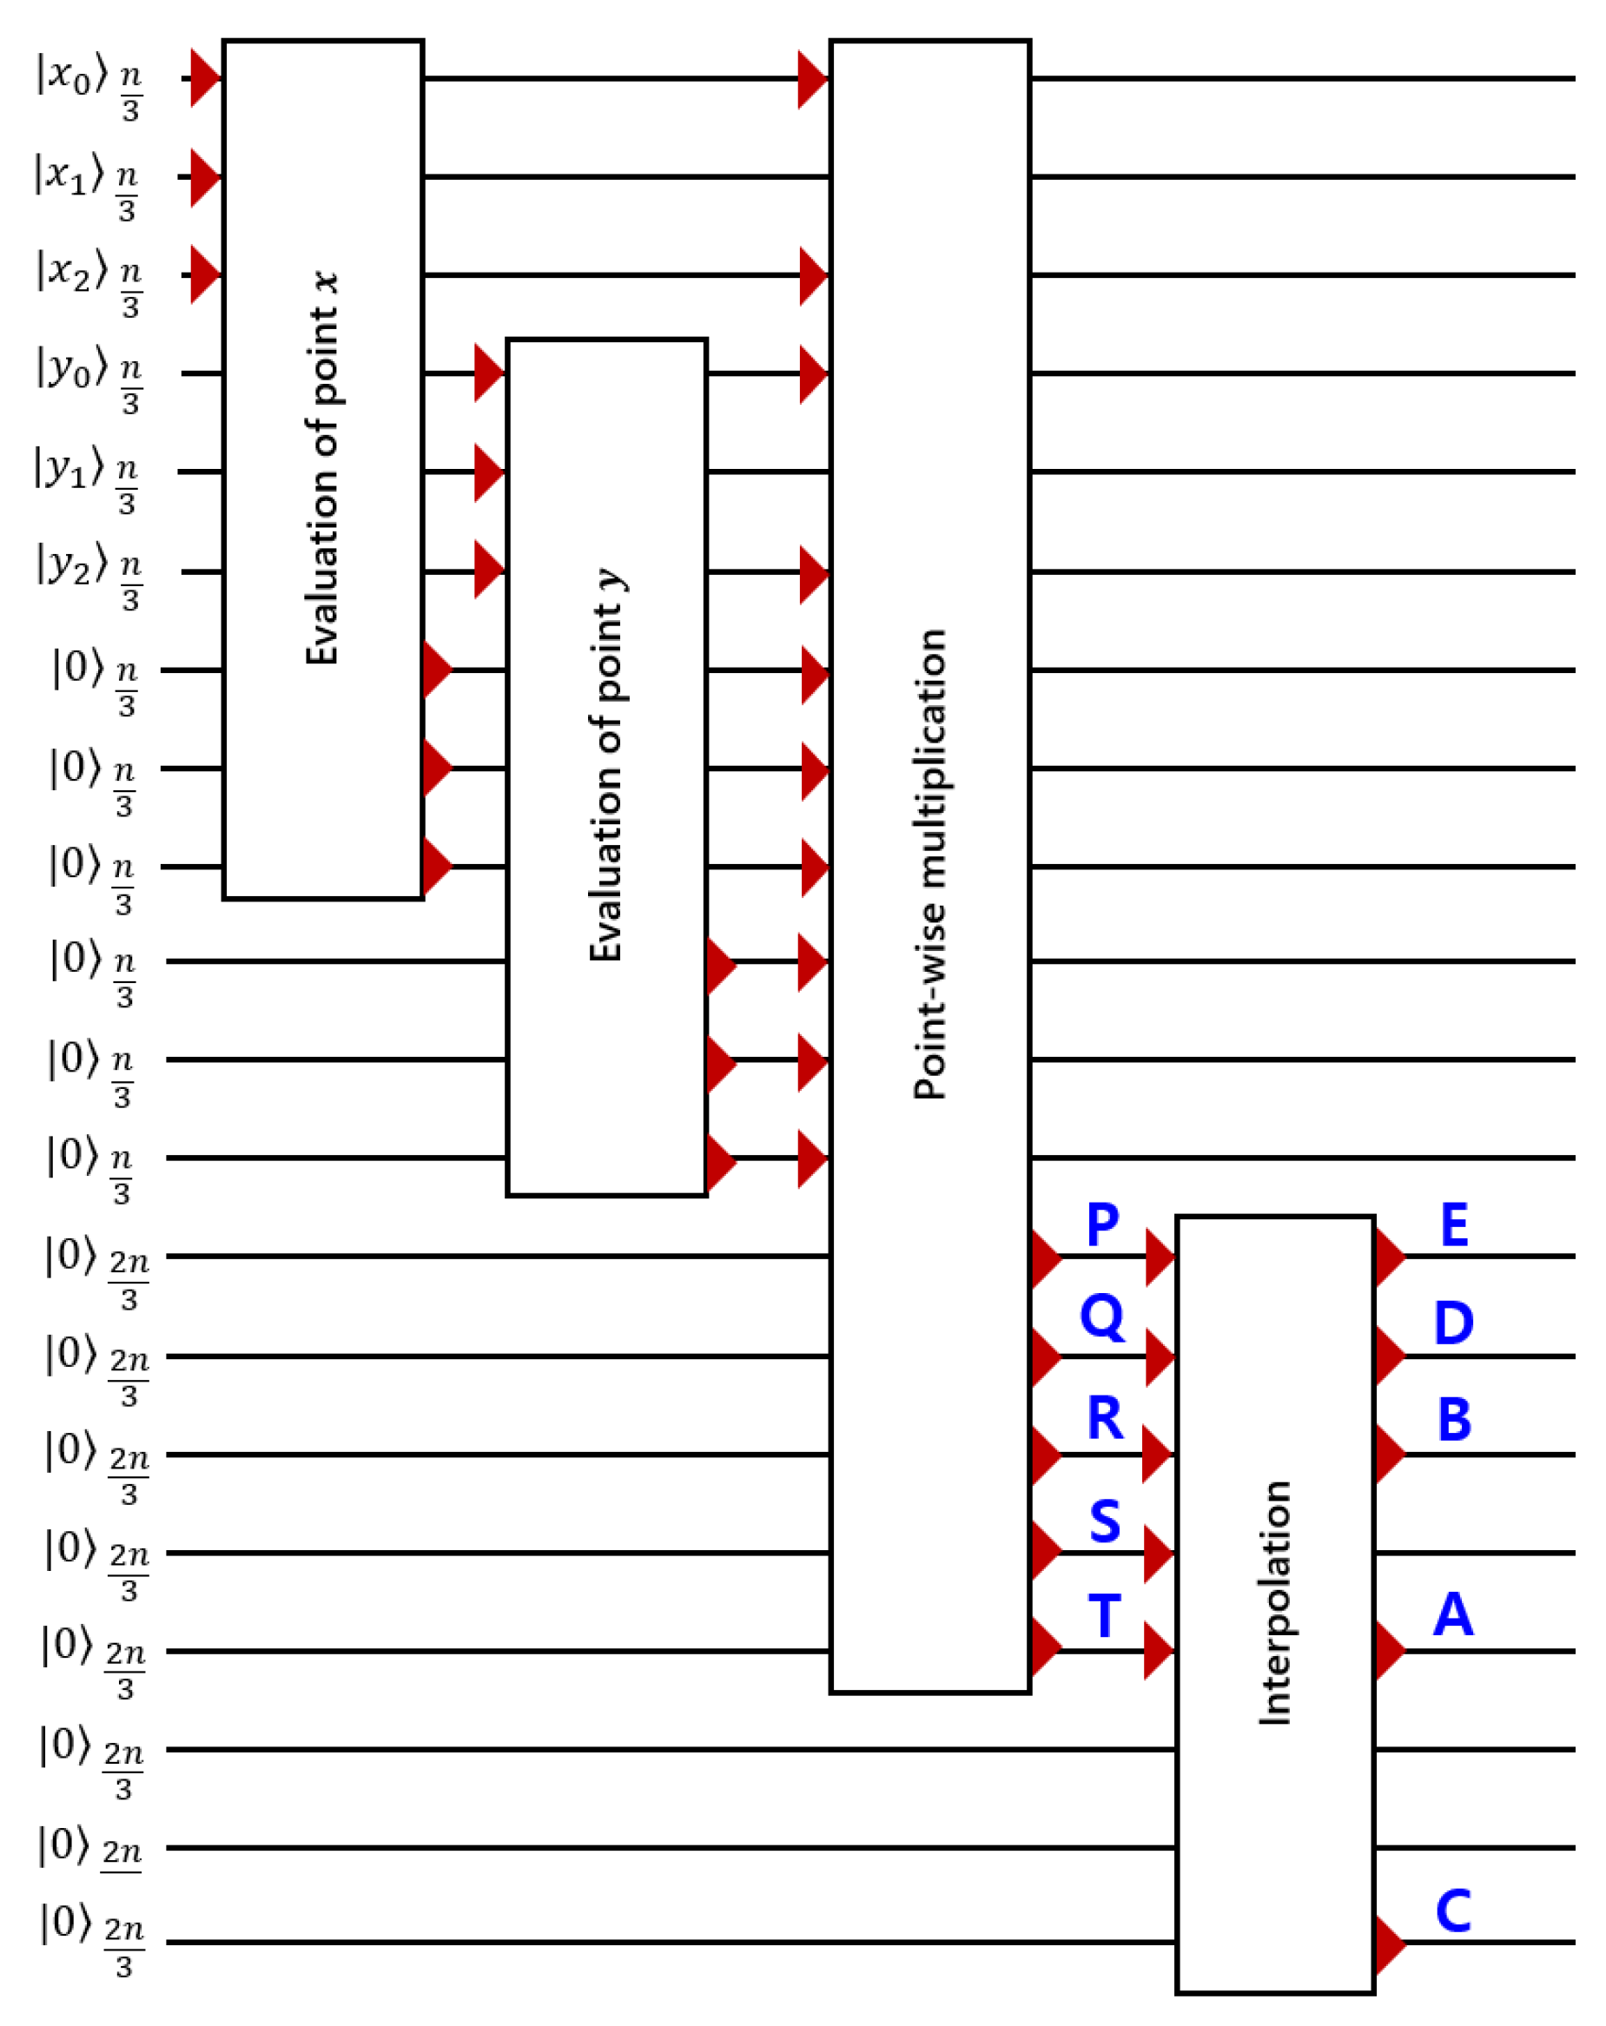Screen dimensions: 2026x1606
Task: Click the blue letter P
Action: [1101, 1224]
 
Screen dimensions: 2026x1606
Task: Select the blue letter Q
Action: [1101, 1317]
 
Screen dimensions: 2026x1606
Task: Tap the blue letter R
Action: [1104, 1418]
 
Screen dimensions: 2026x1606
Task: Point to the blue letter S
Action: [1104, 1521]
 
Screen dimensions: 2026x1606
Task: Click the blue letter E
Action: [1453, 1224]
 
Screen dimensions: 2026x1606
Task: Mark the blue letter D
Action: [1453, 1323]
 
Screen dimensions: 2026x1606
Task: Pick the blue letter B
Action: [1453, 1419]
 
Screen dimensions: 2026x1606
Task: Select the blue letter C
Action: [1453, 1911]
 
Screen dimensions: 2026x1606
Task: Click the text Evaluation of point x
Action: [322, 468]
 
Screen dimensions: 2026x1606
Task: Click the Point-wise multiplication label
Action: [929, 862]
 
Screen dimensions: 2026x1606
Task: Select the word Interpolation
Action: [1274, 1602]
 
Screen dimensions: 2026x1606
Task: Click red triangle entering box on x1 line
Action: [203, 176]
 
